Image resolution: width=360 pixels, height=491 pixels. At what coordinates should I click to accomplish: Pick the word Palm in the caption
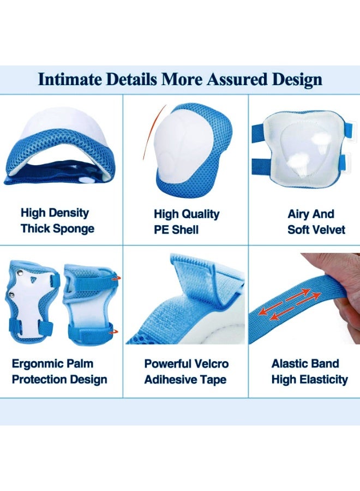pyautogui.click(x=80, y=364)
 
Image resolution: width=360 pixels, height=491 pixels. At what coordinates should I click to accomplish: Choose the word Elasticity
pyautogui.click(x=323, y=380)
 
